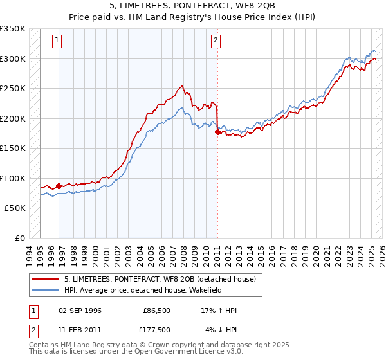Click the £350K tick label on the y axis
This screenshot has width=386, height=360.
point(13,29)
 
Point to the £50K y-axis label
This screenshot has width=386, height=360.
point(15,208)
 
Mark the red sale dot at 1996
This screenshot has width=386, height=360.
point(59,186)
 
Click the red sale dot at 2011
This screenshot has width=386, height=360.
point(217,132)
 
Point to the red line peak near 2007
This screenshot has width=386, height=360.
point(183,86)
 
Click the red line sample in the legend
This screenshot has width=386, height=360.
point(46,279)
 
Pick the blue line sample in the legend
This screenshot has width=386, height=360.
point(46,289)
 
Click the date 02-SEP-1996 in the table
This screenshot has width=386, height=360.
point(80,310)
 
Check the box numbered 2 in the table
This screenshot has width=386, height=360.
point(32,330)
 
